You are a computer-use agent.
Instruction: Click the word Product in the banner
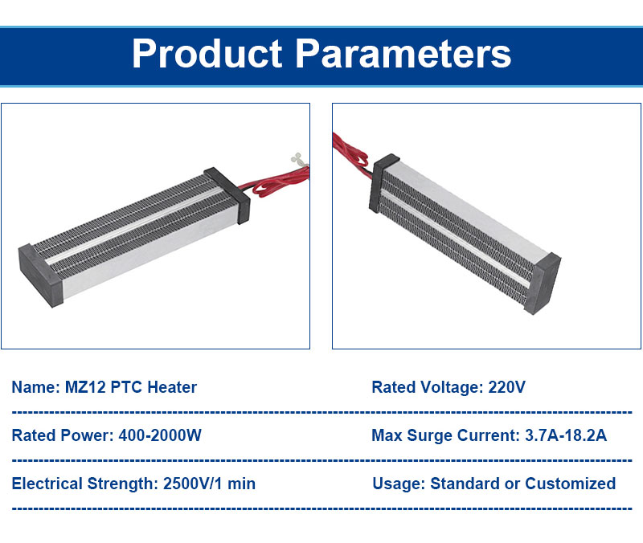[x=207, y=54]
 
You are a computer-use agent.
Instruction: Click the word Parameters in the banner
[x=403, y=54]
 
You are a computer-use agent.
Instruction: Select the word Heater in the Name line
[x=172, y=387]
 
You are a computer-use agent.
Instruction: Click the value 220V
[x=506, y=387]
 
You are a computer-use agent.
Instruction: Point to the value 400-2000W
[x=160, y=435]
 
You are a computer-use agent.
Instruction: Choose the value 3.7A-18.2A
[x=566, y=435]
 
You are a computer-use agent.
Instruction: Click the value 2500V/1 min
[x=209, y=484]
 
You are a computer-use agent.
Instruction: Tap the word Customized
[x=571, y=484]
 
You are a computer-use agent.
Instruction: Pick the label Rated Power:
[x=63, y=435]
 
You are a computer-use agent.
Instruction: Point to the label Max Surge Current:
[x=446, y=435]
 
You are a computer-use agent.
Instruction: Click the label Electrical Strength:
[x=85, y=484]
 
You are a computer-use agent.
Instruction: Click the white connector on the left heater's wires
[x=298, y=159]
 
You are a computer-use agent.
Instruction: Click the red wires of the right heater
[x=350, y=152]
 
